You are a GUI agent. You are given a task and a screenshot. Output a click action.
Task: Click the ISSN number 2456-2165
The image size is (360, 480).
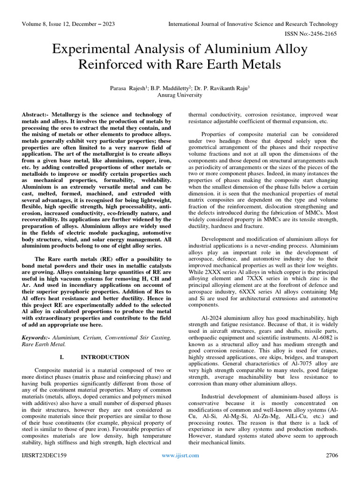click(323, 34)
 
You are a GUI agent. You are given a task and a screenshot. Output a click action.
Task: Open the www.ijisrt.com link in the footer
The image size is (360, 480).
click(180, 455)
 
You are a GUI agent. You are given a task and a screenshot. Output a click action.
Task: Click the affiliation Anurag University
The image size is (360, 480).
click(180, 95)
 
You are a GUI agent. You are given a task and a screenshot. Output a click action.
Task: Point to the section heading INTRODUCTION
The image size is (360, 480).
click(105, 357)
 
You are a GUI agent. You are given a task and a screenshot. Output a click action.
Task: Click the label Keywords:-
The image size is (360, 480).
click(36, 338)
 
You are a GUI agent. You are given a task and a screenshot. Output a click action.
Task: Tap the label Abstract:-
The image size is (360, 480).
click(36, 114)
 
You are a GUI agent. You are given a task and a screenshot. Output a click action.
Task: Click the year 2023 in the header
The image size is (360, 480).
click(107, 24)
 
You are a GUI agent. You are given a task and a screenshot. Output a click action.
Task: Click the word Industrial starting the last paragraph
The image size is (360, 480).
click(215, 395)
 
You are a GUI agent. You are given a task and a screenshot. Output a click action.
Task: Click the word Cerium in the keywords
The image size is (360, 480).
click(91, 338)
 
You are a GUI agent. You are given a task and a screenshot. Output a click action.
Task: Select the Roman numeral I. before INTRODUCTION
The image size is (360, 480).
click(62, 357)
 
